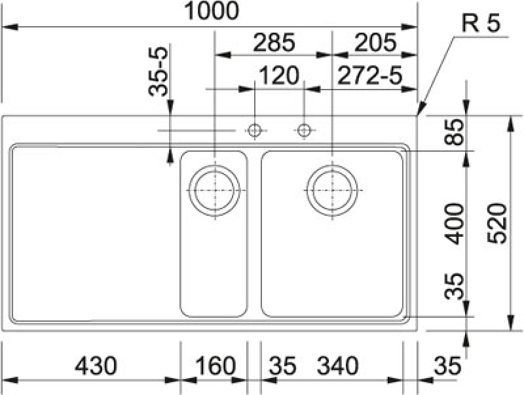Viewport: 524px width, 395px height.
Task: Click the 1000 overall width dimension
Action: [212, 10]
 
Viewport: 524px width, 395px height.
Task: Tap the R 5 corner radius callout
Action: [481, 24]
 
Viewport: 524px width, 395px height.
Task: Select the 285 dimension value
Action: [274, 43]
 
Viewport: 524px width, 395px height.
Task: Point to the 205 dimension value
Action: [375, 43]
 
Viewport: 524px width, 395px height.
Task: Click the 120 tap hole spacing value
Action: [279, 75]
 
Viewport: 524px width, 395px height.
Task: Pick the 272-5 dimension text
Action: [369, 75]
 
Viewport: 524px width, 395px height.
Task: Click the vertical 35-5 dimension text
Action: [158, 72]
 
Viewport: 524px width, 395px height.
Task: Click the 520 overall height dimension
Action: [497, 224]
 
